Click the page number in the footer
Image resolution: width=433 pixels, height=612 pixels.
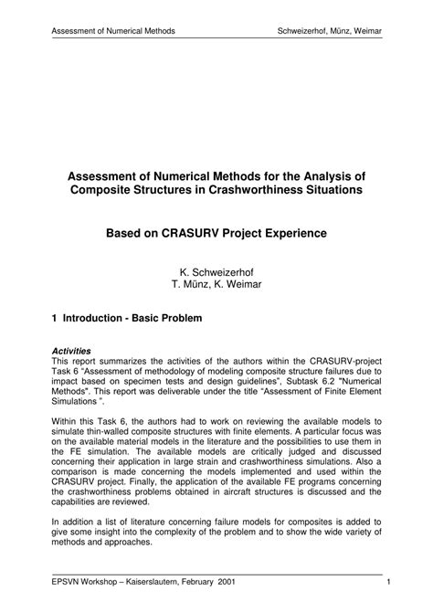pos(389,581)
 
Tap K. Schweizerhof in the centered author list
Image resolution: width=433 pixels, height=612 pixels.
pos(216,271)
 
